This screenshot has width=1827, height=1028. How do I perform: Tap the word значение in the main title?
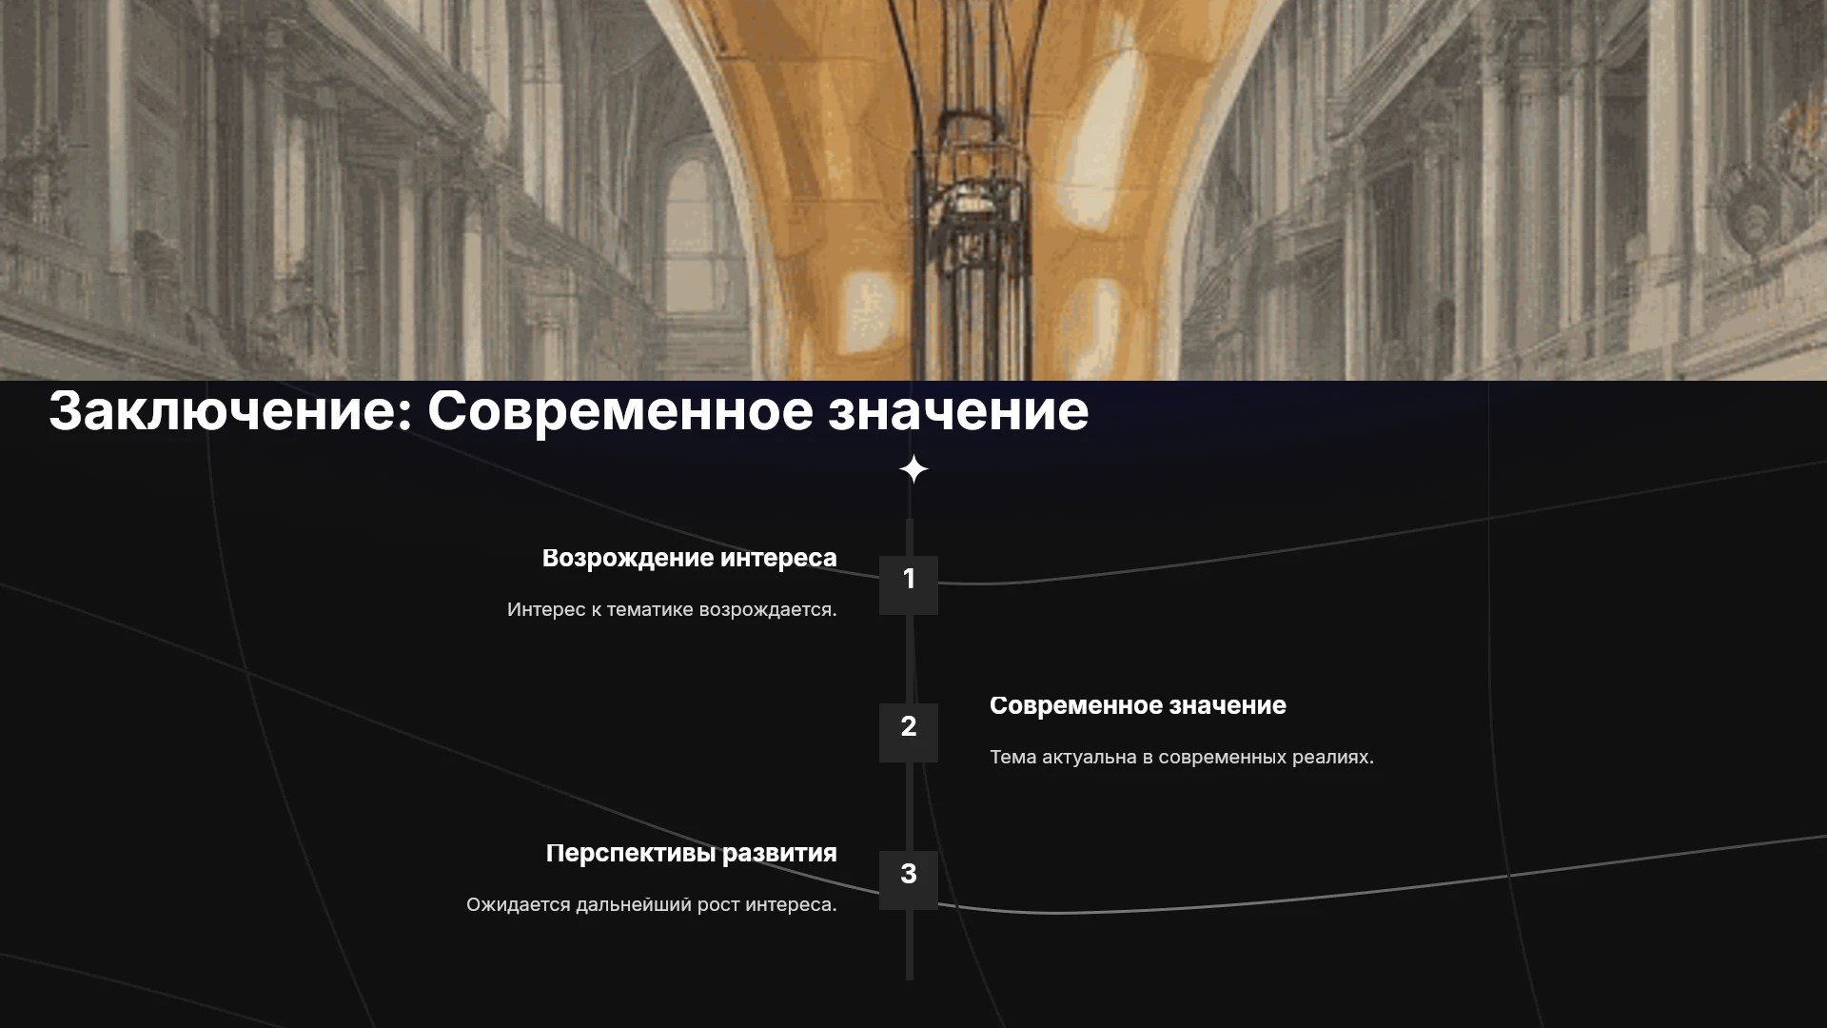pyautogui.click(x=958, y=411)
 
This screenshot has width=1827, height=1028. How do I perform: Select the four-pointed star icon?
pyautogui.click(x=913, y=469)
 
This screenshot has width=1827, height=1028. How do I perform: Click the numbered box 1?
pyautogui.click(x=909, y=584)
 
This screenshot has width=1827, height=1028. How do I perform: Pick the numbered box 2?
pyautogui.click(x=909, y=732)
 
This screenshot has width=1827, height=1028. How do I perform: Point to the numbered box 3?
pyautogui.click(x=909, y=880)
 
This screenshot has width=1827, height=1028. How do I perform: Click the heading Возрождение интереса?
pyautogui.click(x=690, y=559)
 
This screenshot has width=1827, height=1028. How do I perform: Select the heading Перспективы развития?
pyautogui.click(x=692, y=854)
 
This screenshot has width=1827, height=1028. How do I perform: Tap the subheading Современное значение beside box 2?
pyautogui.click(x=1138, y=705)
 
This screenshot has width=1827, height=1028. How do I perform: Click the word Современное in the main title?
pyautogui.click(x=620, y=411)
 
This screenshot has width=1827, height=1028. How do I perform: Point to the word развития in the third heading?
pyautogui.click(x=779, y=854)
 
